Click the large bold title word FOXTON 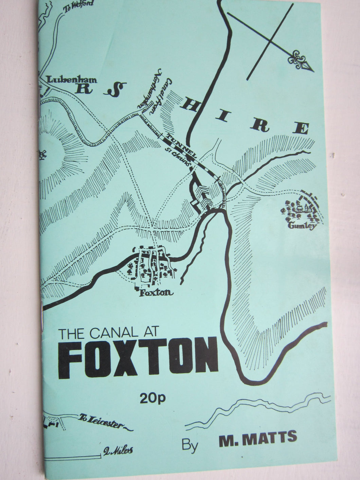click(x=138, y=358)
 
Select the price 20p click(x=152, y=397)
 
